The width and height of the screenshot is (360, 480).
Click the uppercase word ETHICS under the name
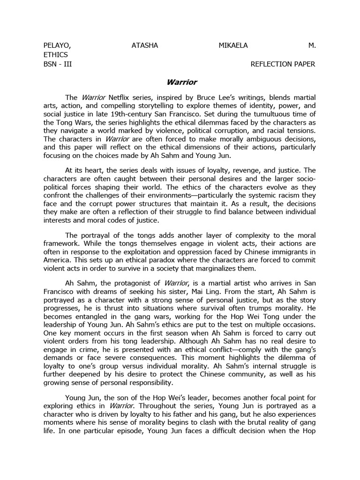click(x=55, y=55)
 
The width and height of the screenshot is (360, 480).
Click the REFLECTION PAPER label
click(x=284, y=64)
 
